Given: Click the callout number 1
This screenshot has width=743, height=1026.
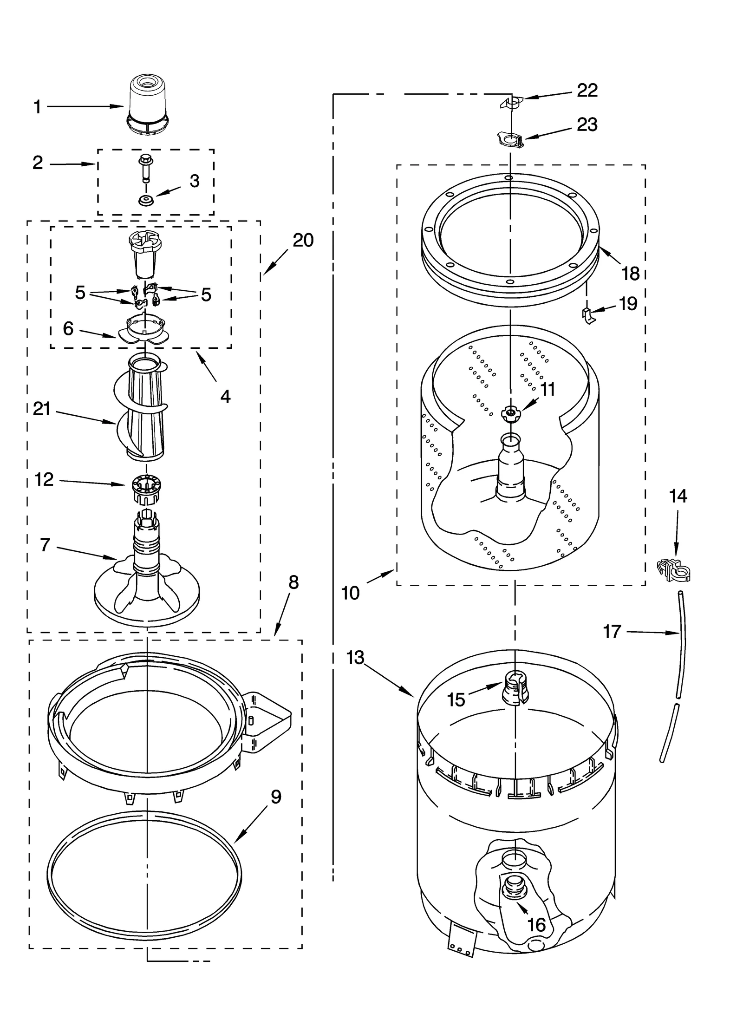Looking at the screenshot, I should point(38,108).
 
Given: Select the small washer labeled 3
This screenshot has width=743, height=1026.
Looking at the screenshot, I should point(146,201).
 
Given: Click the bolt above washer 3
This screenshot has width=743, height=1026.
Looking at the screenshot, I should point(145,167).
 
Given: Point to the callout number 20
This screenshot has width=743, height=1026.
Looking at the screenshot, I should point(303,241).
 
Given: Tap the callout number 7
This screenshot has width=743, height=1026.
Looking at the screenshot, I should point(45,544).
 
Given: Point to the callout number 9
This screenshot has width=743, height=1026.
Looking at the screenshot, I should point(276,797).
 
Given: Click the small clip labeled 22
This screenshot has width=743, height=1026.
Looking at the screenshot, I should point(511,103).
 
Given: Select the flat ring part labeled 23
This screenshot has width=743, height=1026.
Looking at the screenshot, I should point(510,139).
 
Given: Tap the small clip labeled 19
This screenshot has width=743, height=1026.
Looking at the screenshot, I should point(587,316).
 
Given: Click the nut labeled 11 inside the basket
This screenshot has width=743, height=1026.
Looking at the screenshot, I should point(510,412).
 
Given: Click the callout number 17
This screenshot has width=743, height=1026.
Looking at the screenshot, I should point(612,632).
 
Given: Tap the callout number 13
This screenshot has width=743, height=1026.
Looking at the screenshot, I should point(355,658).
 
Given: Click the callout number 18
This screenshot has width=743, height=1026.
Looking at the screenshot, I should point(630,274).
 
